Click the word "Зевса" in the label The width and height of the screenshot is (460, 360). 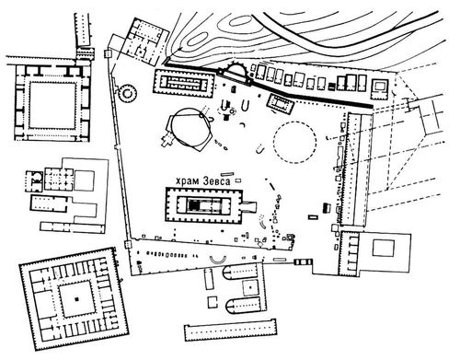(x=216, y=181)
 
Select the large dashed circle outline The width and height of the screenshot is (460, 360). (x=295, y=142)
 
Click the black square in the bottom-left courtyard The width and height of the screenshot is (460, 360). (x=76, y=298)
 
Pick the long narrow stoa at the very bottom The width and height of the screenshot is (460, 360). (x=230, y=330)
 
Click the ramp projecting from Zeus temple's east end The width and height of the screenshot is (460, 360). (x=250, y=206)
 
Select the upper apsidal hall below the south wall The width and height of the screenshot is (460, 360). (x=241, y=272)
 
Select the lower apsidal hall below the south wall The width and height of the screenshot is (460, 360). (x=244, y=306)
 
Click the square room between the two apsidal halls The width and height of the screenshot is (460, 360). (x=250, y=288)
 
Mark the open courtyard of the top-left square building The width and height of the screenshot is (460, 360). (x=52, y=105)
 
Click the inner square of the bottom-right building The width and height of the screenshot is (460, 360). (x=384, y=248)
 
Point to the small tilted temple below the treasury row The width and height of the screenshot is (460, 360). (x=280, y=103)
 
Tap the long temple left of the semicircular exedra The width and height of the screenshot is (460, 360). (x=184, y=84)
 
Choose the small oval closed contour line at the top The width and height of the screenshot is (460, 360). (x=240, y=21)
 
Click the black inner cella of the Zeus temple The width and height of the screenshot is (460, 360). (x=194, y=205)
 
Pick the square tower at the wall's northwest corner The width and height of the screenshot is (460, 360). (x=108, y=54)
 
